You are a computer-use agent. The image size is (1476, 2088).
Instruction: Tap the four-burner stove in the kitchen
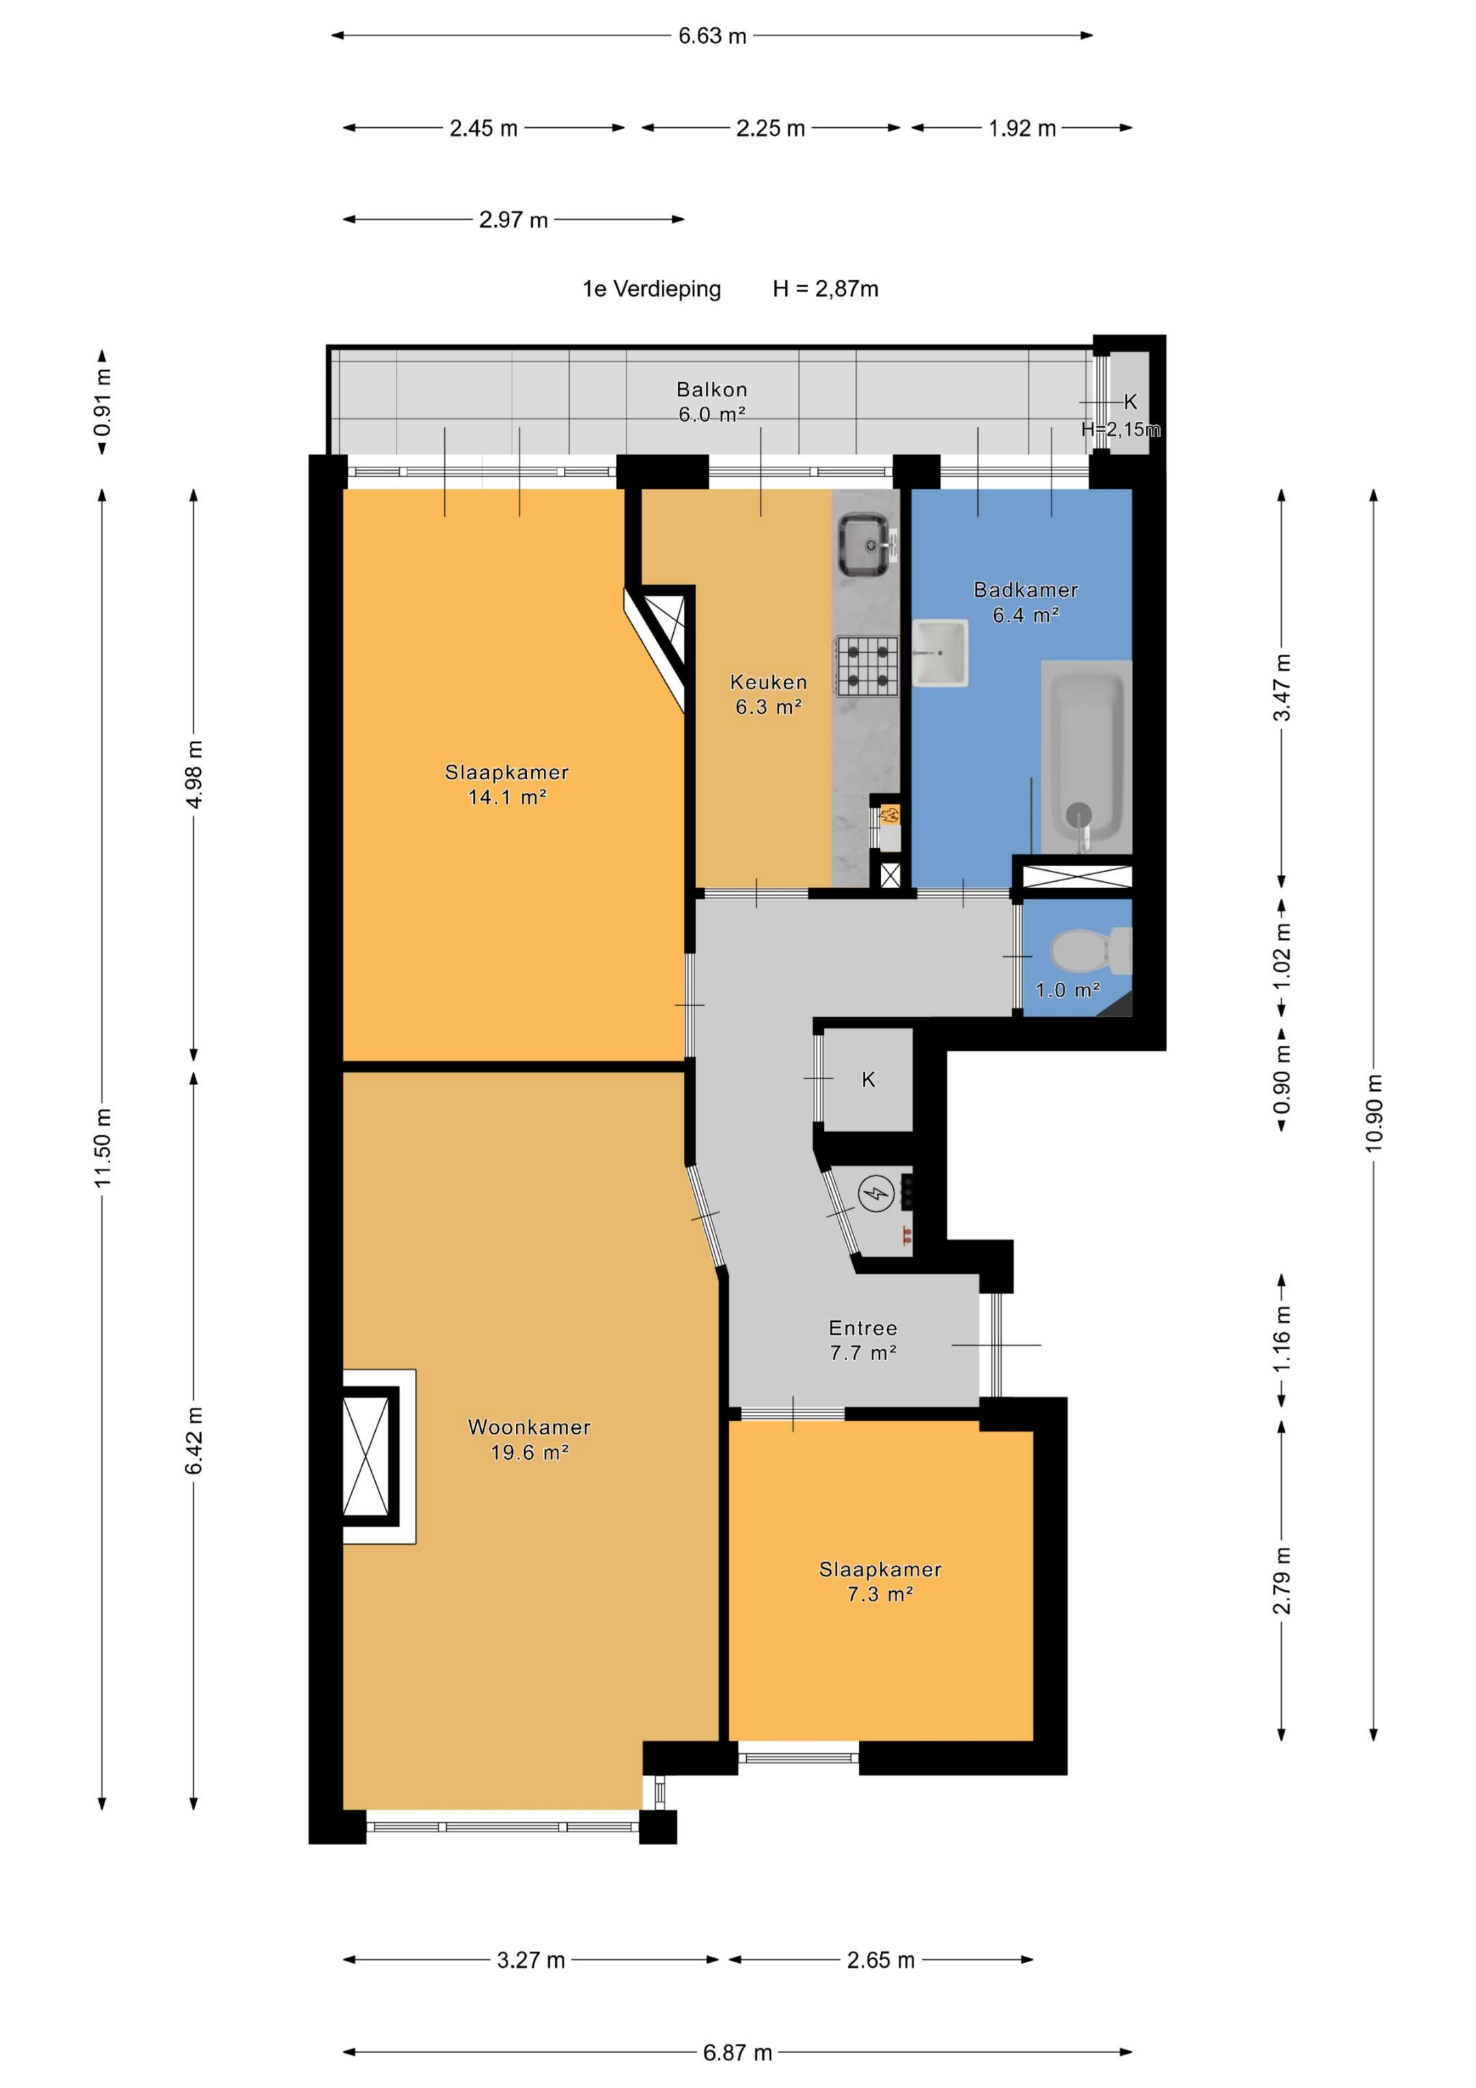(866, 666)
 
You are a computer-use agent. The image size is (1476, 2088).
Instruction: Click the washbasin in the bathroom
(940, 652)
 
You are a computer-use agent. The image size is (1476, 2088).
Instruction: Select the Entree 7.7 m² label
(863, 1340)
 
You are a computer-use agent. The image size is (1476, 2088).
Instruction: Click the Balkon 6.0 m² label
(712, 402)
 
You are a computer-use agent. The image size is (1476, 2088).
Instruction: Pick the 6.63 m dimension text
(712, 36)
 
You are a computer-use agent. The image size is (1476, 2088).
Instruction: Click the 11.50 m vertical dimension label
(102, 1147)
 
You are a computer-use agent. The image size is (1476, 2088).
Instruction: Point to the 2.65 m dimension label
(880, 1960)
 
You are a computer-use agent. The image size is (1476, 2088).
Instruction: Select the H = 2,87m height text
(825, 289)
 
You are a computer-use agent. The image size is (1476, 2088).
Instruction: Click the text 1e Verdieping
(652, 289)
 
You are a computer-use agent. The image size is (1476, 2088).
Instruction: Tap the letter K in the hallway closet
(869, 1079)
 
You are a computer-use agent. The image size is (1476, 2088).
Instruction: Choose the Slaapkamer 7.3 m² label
(880, 1582)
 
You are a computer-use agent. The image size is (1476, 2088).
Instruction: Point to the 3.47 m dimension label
(1281, 688)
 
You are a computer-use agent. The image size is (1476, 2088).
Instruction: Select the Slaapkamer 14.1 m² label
(506, 785)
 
